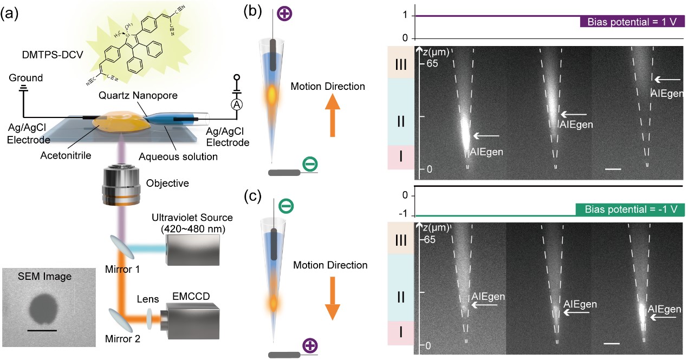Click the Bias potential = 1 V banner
[x=632, y=22]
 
